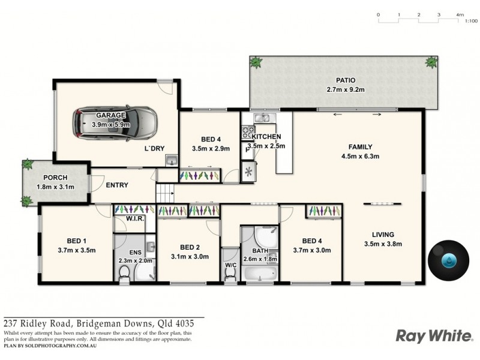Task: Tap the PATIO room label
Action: tap(345, 80)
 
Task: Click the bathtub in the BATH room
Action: tap(259, 274)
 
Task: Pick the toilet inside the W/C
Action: tap(229, 274)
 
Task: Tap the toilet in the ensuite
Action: tap(124, 274)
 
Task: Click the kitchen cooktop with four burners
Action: tap(248, 131)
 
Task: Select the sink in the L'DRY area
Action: tap(171, 160)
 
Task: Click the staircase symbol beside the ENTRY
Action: tap(164, 193)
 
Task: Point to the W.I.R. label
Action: tap(134, 220)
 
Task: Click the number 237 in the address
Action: tap(12, 322)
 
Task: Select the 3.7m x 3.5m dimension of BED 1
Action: tap(77, 250)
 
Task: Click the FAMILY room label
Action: tap(361, 147)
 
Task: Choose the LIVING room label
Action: tap(382, 235)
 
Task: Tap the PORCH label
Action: tap(55, 178)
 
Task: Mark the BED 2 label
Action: tap(190, 247)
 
